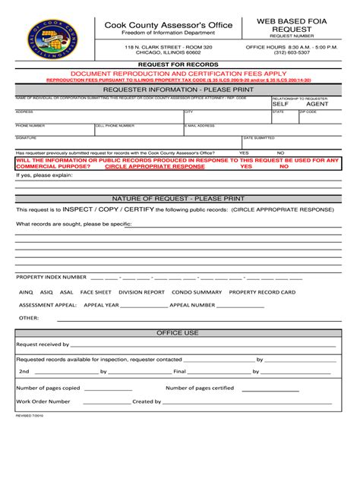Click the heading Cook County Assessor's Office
[157, 26]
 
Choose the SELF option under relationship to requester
[280, 104]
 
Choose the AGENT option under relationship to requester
[317, 104]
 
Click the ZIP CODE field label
[308, 112]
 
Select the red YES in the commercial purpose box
[245, 166]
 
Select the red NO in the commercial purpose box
[283, 166]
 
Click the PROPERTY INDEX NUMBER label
[52, 277]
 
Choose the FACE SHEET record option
[96, 291]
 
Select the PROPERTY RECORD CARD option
[262, 291]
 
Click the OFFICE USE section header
[178, 332]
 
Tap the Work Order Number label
[43, 401]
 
